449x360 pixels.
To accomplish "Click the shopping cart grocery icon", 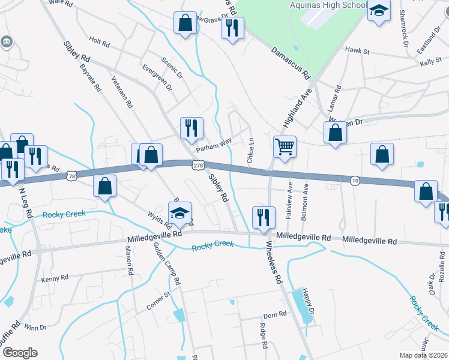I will pyautogui.click(x=285, y=146).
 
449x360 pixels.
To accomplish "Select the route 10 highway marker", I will pyautogui.click(x=355, y=181).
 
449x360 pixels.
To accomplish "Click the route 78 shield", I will pyautogui.click(x=72, y=176).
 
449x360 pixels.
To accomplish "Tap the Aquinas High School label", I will pyautogui.click(x=327, y=5).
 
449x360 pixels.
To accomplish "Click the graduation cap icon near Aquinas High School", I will pyautogui.click(x=379, y=11).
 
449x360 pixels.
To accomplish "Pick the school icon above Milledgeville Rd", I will pyautogui.click(x=179, y=213).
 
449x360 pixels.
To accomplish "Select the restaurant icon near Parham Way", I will pyautogui.click(x=192, y=128).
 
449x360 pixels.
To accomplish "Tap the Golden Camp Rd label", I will pyautogui.click(x=167, y=263).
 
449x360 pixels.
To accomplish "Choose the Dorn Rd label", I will pyautogui.click(x=275, y=315).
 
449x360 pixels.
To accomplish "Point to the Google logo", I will pyautogui.click(x=20, y=353).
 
